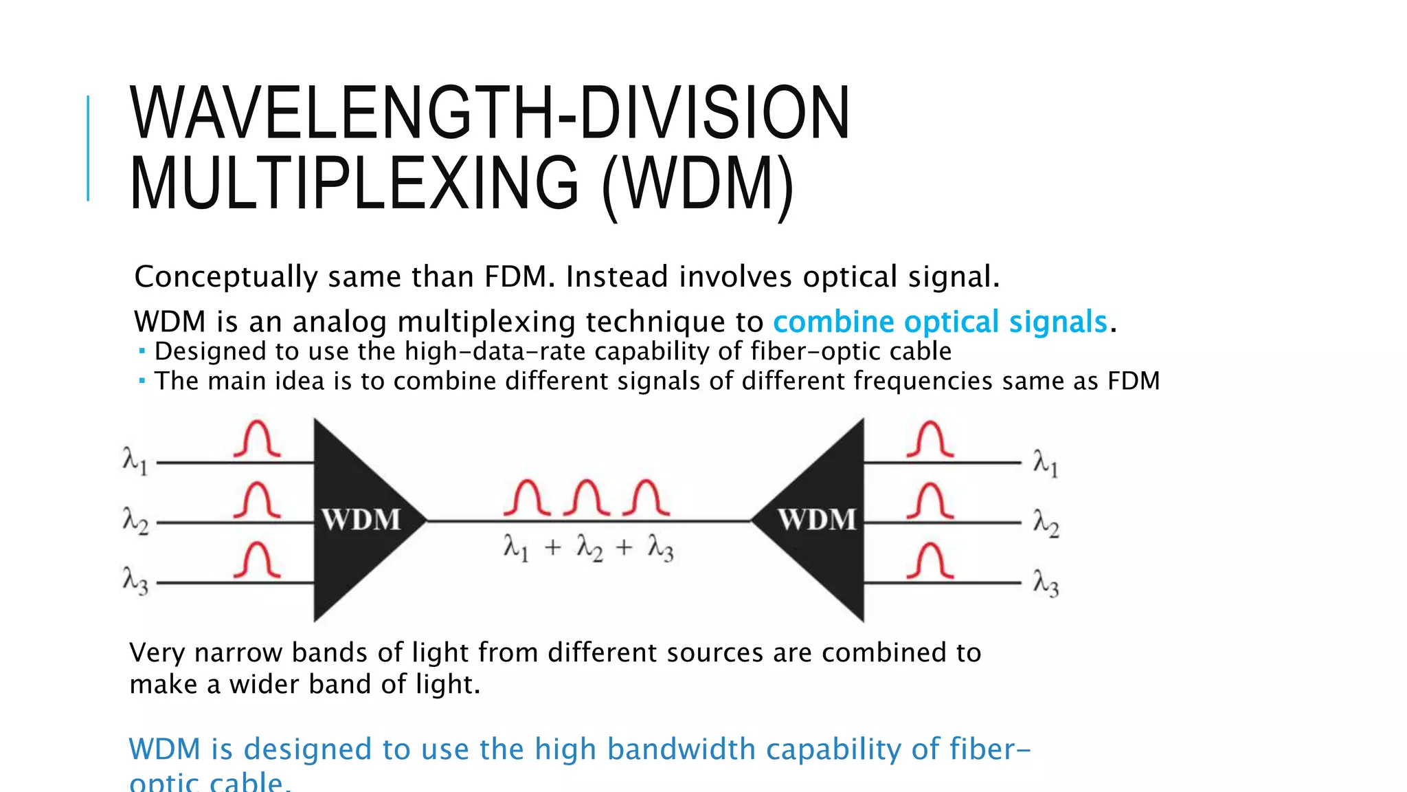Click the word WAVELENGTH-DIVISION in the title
click(490, 113)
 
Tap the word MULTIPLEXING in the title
click(354, 184)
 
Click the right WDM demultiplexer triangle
click(818, 520)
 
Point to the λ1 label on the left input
click(135, 461)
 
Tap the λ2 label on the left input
click(135, 520)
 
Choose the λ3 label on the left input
click(135, 580)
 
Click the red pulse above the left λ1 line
click(257, 439)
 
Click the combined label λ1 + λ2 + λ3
click(588, 549)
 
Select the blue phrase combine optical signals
click(940, 322)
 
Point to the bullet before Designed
click(142, 351)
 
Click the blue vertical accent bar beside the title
click(88, 148)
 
